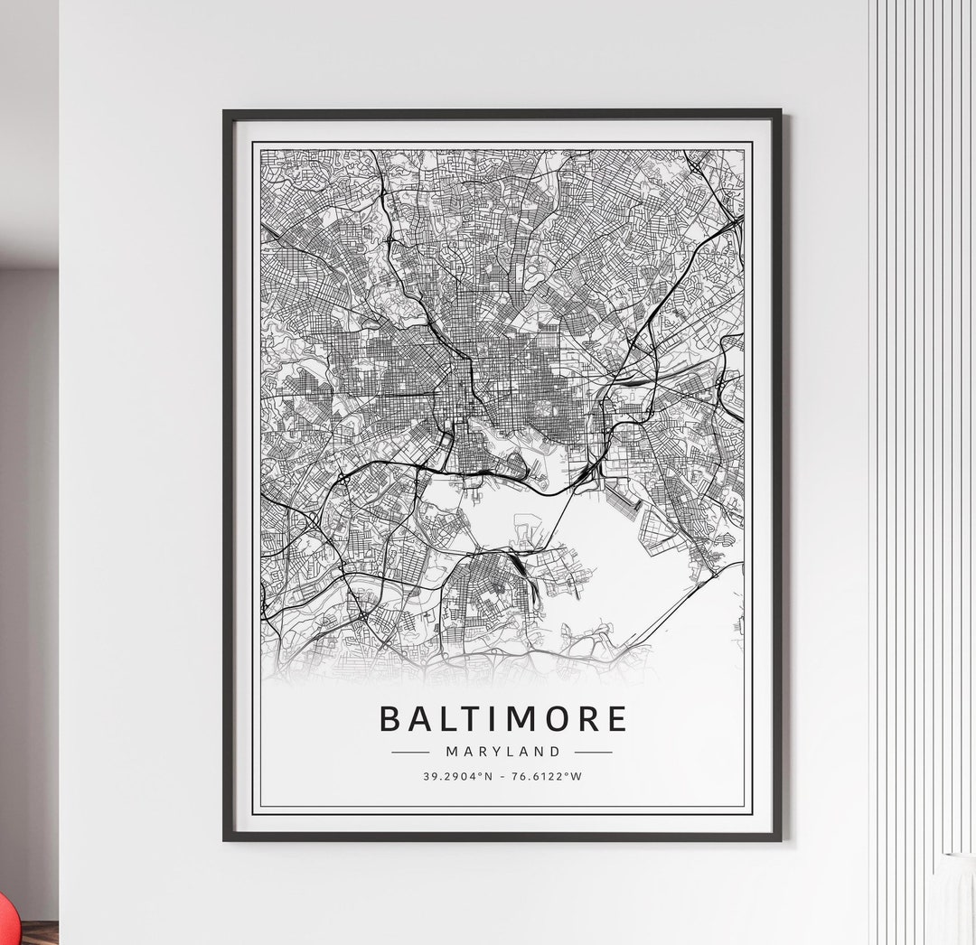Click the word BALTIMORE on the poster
(x=502, y=718)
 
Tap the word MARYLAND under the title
(x=502, y=751)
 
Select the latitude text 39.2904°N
(x=458, y=775)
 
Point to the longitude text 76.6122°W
(x=548, y=775)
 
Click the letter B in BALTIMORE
(x=390, y=718)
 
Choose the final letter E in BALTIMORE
(x=615, y=718)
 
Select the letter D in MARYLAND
(x=555, y=751)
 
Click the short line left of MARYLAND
(x=410, y=751)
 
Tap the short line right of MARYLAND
(x=594, y=751)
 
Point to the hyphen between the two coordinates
(x=502, y=775)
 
